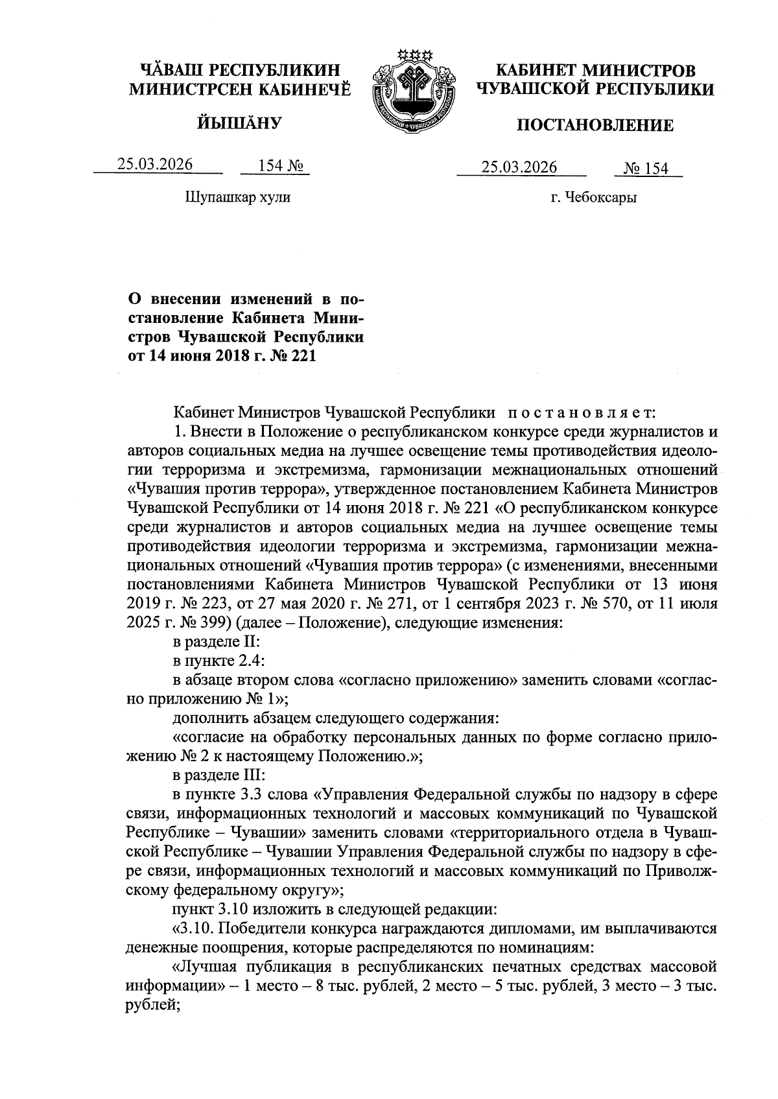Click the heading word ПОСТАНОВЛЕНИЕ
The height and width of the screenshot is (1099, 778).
[594, 125]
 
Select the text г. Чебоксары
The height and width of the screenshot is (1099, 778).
[593, 197]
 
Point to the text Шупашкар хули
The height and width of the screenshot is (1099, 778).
[238, 196]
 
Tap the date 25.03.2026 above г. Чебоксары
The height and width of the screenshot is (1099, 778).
[519, 167]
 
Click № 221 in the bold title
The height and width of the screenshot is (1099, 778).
[294, 355]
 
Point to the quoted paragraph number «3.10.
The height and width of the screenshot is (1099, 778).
[194, 928]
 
